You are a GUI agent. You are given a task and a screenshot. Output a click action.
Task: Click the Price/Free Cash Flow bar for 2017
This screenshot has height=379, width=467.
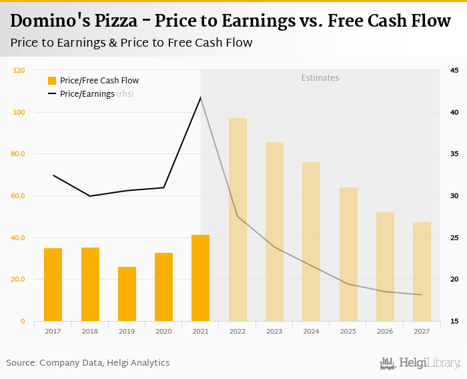53,285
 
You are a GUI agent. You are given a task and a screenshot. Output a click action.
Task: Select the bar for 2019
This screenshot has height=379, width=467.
127,294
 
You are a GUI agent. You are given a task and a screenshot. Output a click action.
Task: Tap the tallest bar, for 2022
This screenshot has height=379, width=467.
238,220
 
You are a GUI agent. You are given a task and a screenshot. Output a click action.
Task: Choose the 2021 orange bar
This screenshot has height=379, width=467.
200,278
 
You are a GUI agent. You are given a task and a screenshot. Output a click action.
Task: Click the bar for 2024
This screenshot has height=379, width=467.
311,242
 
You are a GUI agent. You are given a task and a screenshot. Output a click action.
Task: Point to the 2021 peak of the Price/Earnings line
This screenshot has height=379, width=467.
201,97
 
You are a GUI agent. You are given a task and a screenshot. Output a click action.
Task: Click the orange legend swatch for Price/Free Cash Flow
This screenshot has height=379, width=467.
52,81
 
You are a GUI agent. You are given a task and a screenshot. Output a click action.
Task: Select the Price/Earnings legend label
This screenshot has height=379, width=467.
87,94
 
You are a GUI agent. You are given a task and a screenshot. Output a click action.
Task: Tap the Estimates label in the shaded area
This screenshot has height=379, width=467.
320,78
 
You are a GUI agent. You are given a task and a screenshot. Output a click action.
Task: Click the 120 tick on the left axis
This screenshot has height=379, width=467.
19,70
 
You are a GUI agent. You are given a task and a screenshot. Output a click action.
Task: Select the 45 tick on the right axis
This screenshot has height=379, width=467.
454,70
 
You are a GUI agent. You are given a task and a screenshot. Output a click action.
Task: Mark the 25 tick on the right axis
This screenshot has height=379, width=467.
454,238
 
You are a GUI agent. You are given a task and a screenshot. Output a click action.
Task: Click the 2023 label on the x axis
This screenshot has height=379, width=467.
274,331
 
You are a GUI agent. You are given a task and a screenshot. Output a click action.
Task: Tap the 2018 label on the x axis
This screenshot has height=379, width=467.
90,331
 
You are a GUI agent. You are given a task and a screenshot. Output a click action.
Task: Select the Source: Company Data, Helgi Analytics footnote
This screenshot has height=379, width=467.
88,363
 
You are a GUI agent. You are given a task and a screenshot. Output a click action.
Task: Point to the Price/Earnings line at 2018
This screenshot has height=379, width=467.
90,196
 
